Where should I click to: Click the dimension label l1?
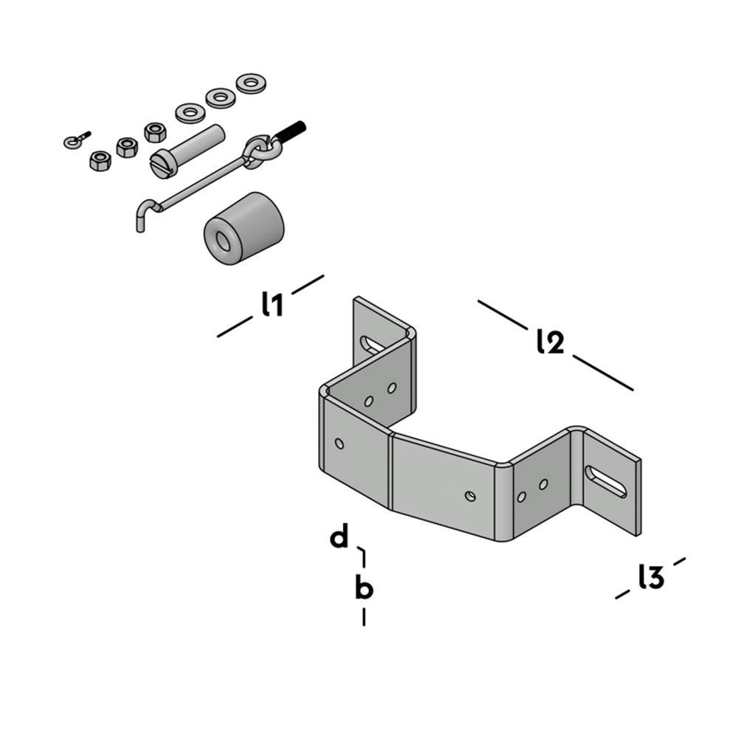(x=272, y=304)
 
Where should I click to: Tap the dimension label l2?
(x=551, y=341)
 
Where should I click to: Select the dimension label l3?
(x=651, y=577)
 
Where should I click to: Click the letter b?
(x=364, y=589)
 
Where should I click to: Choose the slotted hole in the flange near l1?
(x=373, y=344)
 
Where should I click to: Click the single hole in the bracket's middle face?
(x=470, y=495)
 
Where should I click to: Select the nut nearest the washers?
(x=154, y=131)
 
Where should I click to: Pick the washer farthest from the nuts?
(x=251, y=83)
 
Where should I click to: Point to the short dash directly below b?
(x=364, y=616)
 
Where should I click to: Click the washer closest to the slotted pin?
(x=190, y=113)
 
